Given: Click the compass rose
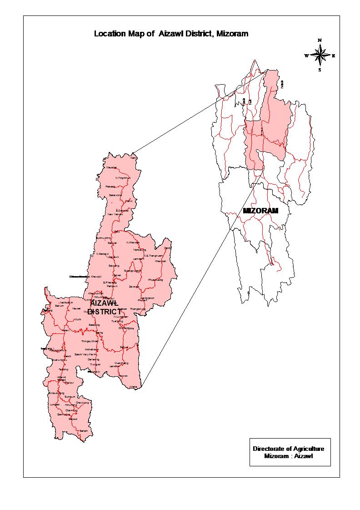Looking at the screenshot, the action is [x=320, y=56].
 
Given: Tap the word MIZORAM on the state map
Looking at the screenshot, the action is [x=260, y=211].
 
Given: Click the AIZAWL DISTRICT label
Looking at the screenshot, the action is [x=104, y=307].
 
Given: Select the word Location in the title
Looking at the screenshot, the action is [x=107, y=34].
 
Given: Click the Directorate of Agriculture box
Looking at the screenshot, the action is [x=290, y=452].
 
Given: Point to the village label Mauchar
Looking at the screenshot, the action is [x=112, y=167].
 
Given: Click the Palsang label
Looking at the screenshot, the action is [x=110, y=187].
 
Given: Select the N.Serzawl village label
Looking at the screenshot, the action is [x=102, y=253].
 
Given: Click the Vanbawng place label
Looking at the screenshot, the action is [x=140, y=250].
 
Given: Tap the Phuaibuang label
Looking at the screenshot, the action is [x=155, y=280].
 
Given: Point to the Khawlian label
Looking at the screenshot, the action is [x=160, y=261].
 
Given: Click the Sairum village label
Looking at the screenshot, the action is [x=59, y=306].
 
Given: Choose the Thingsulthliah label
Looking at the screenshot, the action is [x=90, y=341].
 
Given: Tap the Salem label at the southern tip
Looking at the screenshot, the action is [x=83, y=430].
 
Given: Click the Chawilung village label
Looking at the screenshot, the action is [x=82, y=403].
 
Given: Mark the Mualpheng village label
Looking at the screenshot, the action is [x=121, y=363].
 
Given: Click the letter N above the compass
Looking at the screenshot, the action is [x=320, y=40].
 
